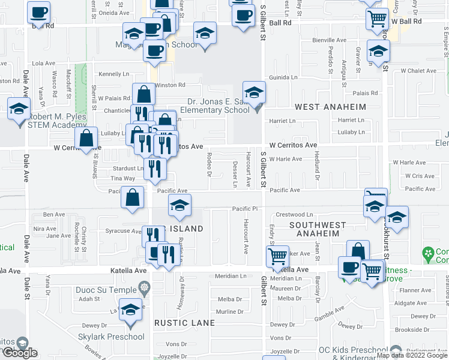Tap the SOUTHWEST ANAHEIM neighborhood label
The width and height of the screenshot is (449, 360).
318,230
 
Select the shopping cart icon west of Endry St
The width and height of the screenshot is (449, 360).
278,256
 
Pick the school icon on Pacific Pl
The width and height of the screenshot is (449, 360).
179,205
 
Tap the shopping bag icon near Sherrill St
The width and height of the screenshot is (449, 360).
87,137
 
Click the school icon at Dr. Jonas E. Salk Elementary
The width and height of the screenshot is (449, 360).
255,92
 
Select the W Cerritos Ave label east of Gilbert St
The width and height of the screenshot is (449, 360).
292,145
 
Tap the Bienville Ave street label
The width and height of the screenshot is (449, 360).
329,40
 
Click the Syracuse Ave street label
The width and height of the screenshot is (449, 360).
122,231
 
